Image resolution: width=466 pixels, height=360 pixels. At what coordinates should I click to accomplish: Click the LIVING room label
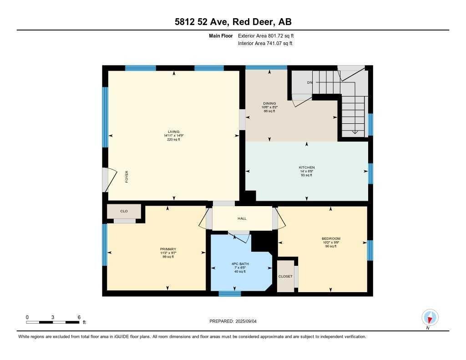tap(173, 132)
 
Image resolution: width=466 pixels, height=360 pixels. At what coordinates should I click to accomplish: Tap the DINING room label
tap(269, 103)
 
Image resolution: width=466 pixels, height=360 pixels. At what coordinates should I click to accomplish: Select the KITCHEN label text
tap(306, 167)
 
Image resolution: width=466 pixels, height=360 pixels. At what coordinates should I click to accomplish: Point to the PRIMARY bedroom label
tap(168, 249)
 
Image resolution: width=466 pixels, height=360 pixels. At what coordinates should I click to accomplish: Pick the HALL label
tap(242, 218)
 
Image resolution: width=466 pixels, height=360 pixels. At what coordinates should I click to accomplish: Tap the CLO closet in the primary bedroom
tap(124, 212)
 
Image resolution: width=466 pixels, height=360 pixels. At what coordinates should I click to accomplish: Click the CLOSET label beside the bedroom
tap(285, 276)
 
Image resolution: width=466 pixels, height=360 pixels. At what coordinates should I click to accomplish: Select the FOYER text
tap(127, 177)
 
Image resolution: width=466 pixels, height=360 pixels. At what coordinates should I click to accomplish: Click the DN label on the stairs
tap(310, 82)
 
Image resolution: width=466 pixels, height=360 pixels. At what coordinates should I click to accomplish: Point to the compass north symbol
tap(430, 318)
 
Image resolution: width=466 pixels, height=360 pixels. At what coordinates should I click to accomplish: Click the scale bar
tap(53, 322)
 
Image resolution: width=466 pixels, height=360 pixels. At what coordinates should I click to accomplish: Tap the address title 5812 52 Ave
tap(233, 22)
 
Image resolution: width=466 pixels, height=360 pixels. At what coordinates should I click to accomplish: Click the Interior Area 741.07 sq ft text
tap(265, 44)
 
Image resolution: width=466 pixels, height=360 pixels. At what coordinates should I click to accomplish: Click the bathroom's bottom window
tap(229, 294)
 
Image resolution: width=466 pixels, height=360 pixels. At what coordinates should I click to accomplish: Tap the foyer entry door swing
tap(109, 180)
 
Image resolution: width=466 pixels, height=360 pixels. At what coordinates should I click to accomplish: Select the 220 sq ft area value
tap(173, 140)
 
